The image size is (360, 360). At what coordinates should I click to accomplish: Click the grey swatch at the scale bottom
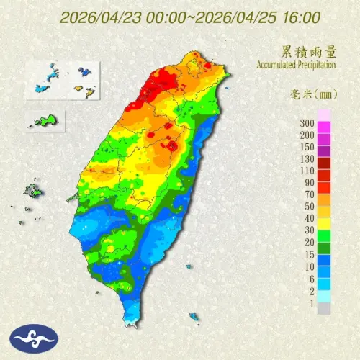click(x=325, y=307)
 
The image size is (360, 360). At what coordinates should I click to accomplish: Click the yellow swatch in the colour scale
click(x=325, y=223)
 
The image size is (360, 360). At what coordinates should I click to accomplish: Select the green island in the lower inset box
click(x=45, y=120)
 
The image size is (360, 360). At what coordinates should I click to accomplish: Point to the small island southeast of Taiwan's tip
click(x=194, y=316)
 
